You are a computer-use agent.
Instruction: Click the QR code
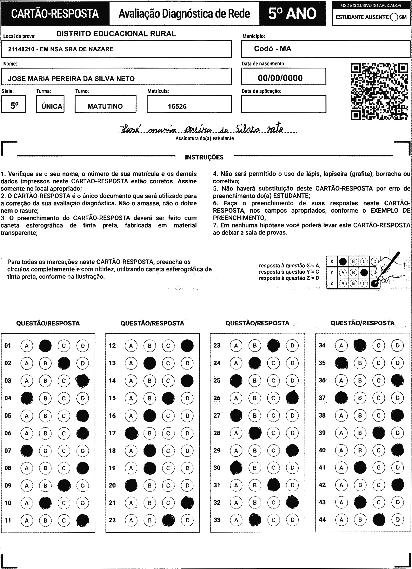(x=379, y=91)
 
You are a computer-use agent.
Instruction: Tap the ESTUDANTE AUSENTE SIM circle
(x=394, y=17)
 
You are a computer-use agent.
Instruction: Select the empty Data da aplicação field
(x=283, y=104)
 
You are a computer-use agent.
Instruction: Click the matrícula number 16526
(x=177, y=106)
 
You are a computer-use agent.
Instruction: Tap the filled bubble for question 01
(x=45, y=346)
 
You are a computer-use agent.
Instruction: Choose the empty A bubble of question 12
(x=131, y=346)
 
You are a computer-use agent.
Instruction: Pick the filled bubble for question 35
(x=341, y=363)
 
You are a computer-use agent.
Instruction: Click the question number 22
(x=112, y=520)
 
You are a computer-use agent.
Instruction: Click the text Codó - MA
(x=272, y=49)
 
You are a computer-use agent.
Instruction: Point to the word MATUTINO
(x=105, y=106)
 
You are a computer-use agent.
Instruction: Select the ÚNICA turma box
(x=50, y=104)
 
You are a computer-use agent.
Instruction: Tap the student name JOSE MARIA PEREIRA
(x=71, y=79)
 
